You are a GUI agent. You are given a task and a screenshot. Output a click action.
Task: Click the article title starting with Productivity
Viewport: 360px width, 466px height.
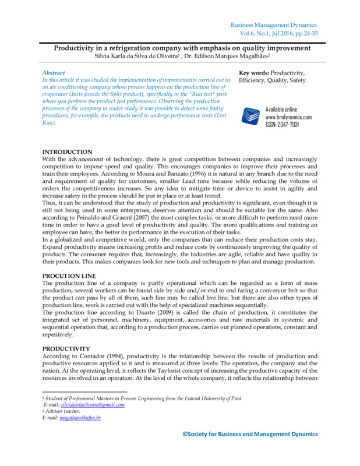pyautogui.click(x=180, y=48)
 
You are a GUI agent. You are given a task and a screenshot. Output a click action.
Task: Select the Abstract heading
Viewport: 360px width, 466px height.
pyautogui.click(x=54, y=73)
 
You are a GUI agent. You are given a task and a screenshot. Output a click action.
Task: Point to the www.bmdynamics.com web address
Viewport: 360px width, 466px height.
pyautogui.click(x=288, y=116)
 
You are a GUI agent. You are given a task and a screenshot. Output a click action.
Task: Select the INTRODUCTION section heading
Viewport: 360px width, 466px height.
pyautogui.click(x=68, y=151)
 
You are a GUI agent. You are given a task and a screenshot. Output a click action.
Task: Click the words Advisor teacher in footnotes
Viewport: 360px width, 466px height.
pyautogui.click(x=63, y=411)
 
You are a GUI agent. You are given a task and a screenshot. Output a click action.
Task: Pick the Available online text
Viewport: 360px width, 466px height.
pyautogui.click(x=281, y=110)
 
